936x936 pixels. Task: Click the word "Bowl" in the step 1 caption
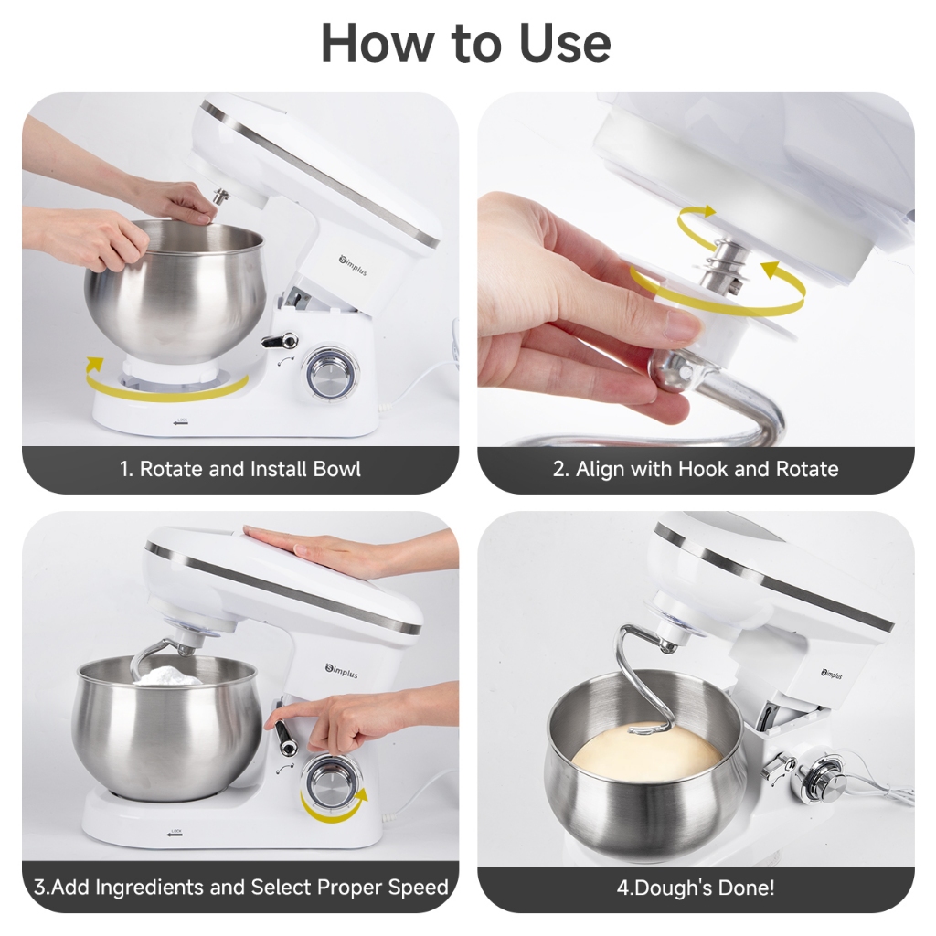[x=336, y=469]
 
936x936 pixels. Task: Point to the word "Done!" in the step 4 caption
[x=747, y=887]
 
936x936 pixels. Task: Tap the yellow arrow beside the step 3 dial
[x=335, y=811]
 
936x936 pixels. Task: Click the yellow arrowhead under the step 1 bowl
[x=94, y=363]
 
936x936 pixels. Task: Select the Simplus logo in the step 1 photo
[x=353, y=264]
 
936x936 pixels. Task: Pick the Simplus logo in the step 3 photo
[x=342, y=671]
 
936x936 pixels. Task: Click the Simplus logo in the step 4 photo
[x=832, y=674]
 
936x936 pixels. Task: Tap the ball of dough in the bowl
[x=648, y=753]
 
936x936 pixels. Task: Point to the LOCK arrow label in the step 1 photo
[x=181, y=421]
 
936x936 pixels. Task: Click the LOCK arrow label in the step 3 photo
[x=175, y=833]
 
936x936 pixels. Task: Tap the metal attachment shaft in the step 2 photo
[x=723, y=266]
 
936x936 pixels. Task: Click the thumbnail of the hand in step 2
[x=679, y=325]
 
